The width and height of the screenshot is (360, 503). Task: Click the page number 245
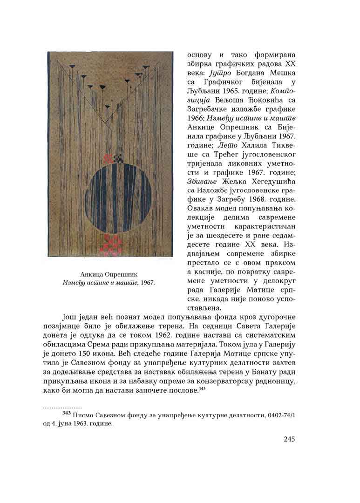292,439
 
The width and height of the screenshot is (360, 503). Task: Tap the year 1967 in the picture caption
146,282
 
